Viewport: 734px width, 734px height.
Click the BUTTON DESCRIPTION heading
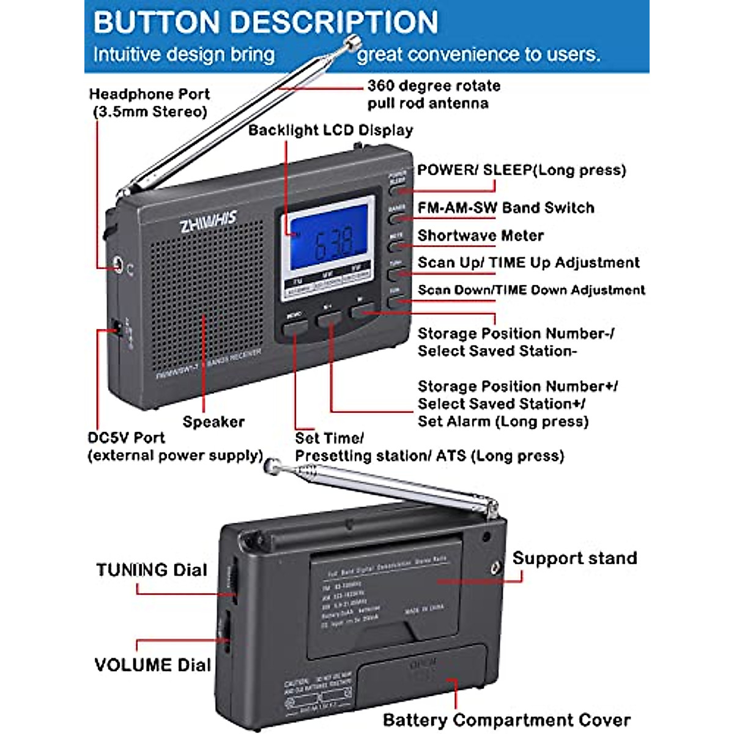coord(265,23)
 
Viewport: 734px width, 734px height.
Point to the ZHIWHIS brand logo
coord(208,221)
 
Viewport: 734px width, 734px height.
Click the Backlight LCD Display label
coord(330,130)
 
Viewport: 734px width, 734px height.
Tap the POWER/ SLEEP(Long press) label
coord(521,170)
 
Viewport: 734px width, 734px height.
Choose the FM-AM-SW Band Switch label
coord(505,208)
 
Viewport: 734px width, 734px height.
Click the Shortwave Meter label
coord(480,235)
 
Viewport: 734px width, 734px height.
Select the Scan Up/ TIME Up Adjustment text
coord(528,263)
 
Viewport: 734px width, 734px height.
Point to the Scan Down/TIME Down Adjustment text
coord(531,290)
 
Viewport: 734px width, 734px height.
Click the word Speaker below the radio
coord(213,422)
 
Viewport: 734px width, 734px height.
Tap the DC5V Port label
coord(126,438)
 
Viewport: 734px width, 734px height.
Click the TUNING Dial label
coord(152,570)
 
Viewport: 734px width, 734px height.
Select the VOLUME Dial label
coord(152,665)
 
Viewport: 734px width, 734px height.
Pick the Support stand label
coord(574,558)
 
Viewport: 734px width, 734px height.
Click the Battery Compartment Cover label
coord(506,720)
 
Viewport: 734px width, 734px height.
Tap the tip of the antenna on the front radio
coord(352,42)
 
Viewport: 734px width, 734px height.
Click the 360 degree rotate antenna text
coord(433,94)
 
